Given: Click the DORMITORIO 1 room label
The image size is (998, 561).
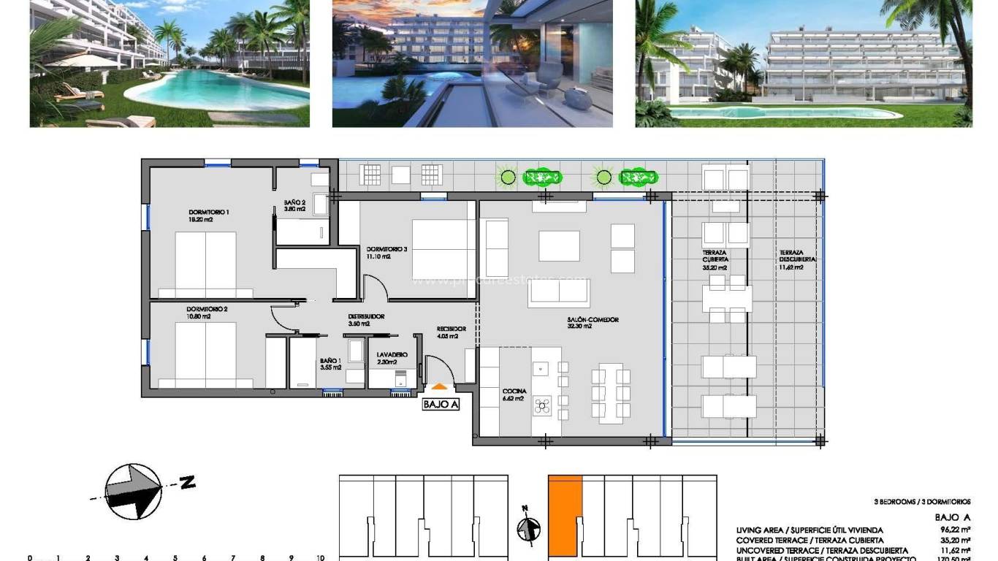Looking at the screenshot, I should [x=209, y=213].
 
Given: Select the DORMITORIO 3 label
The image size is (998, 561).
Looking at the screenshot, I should [x=387, y=249].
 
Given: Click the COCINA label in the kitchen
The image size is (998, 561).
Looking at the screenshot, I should [x=514, y=392].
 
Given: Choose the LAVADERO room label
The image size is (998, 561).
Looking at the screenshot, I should [x=392, y=355].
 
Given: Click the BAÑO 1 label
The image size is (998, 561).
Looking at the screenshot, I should [x=330, y=361].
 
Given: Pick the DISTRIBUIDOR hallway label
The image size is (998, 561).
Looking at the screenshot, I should [x=366, y=316].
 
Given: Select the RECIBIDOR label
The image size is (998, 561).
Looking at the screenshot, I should [x=447, y=329].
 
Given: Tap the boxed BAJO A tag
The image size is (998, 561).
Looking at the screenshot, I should [x=441, y=404].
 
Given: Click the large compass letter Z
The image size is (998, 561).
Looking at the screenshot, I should [x=187, y=482].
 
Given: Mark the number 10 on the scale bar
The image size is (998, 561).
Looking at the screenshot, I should [x=320, y=557].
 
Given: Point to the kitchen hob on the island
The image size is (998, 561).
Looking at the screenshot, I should [x=542, y=405].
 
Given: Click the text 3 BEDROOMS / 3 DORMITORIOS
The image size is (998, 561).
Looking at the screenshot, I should [x=922, y=502].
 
